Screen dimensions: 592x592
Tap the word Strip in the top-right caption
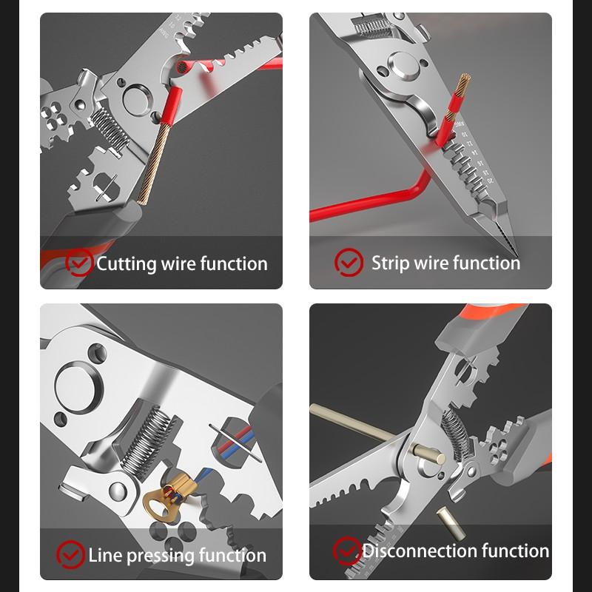tap(390, 263)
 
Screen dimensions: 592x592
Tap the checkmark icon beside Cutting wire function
tap(79, 263)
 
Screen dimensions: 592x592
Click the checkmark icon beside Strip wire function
tap(348, 262)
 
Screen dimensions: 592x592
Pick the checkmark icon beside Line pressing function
tap(71, 554)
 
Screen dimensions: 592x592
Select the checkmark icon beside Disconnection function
tap(346, 551)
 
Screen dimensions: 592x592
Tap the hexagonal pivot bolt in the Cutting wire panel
tap(136, 95)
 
